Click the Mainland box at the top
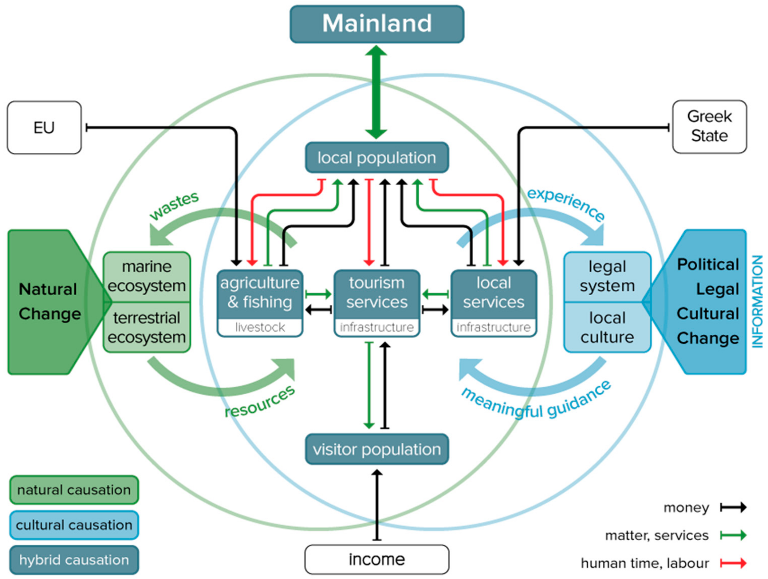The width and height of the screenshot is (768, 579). click(377, 24)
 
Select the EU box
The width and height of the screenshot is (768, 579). click(44, 127)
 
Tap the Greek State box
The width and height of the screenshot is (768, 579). click(709, 127)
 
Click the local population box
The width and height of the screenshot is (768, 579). click(377, 157)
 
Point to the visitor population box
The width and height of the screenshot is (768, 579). click(377, 449)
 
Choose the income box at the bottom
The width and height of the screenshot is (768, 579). click(377, 559)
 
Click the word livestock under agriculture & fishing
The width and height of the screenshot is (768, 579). click(260, 327)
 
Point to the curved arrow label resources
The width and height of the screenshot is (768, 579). click(260, 402)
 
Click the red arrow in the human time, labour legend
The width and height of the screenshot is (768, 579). click(733, 563)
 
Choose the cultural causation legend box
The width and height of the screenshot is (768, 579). click(74, 525)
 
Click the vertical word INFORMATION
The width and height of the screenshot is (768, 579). click(757, 301)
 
